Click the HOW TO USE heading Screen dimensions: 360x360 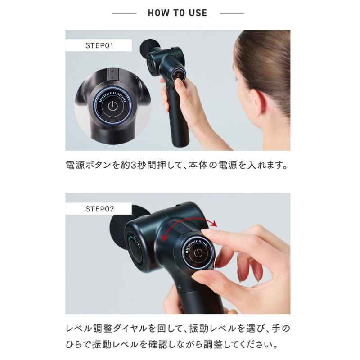(177, 13)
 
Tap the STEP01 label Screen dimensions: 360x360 (99, 45)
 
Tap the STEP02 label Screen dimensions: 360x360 (99, 209)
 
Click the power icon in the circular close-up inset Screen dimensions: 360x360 (113, 106)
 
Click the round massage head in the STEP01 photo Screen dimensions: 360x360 (148, 47)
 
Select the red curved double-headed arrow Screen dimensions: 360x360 (189, 226)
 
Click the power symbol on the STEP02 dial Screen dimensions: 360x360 (198, 253)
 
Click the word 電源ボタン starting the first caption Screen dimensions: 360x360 (89, 165)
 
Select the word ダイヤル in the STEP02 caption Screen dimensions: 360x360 (130, 328)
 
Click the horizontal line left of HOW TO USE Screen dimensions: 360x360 (124, 13)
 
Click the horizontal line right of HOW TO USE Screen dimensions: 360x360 (231, 13)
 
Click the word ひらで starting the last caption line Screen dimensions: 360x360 (78, 345)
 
